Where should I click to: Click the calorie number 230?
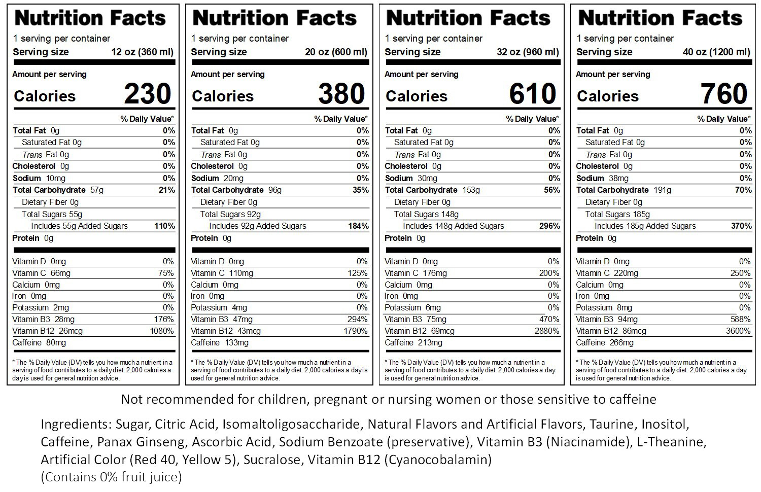(x=147, y=94)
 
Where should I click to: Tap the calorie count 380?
(x=341, y=94)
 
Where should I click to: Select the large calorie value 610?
(x=533, y=94)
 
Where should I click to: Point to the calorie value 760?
(x=724, y=94)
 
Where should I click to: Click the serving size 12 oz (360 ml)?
(x=142, y=52)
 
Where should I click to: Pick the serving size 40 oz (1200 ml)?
(x=716, y=52)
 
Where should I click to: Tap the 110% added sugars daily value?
(x=165, y=226)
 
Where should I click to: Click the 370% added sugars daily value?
(x=741, y=226)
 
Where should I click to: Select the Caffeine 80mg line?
(x=39, y=343)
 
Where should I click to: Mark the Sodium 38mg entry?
(x=602, y=179)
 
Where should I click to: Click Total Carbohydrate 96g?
(x=236, y=190)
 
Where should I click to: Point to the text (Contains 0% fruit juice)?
(x=111, y=477)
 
